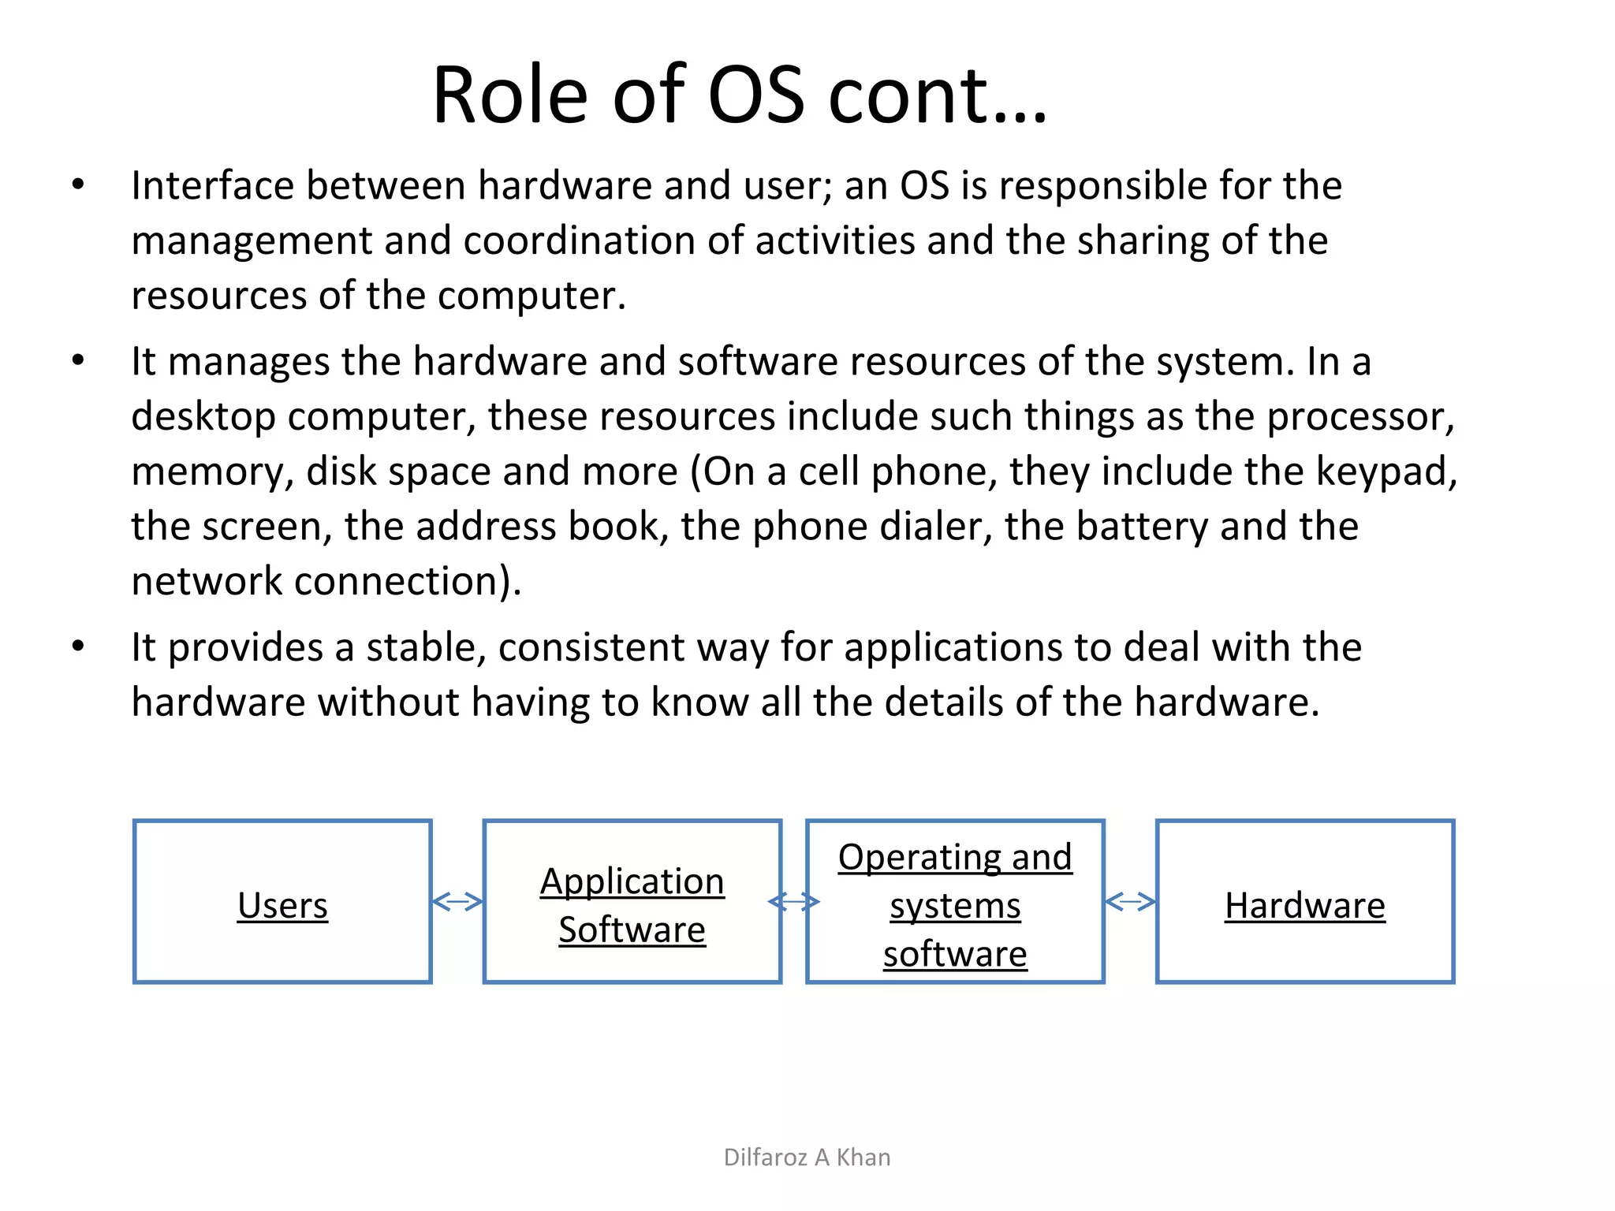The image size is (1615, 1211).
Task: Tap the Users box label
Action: (282, 905)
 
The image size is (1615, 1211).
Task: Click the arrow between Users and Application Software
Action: (457, 901)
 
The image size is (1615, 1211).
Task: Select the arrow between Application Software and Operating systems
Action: (794, 901)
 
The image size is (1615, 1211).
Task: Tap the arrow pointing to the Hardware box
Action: (1130, 901)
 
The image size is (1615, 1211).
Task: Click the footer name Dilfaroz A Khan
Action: (807, 1157)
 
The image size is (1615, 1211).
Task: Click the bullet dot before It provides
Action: (77, 646)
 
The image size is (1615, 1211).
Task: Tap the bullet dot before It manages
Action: (77, 361)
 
